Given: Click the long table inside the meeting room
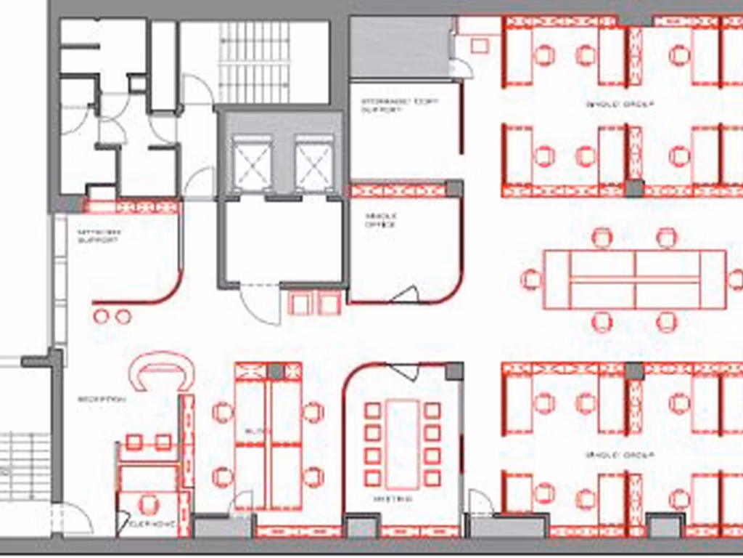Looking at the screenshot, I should coord(402,443).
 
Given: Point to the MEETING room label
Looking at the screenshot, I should coord(393,499).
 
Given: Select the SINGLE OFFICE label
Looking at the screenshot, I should coord(380,220).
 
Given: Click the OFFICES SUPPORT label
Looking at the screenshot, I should coord(99,235).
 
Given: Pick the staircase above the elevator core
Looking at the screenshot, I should coord(255,62).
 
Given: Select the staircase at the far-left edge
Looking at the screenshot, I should coord(25,466).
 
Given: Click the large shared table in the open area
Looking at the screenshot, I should coord(635,279).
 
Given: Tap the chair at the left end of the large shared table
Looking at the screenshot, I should coord(532,279).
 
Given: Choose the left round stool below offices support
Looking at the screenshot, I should coord(102,316).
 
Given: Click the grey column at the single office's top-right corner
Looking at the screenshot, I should coord(454,189).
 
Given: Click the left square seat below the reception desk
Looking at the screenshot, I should coord(134,442).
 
